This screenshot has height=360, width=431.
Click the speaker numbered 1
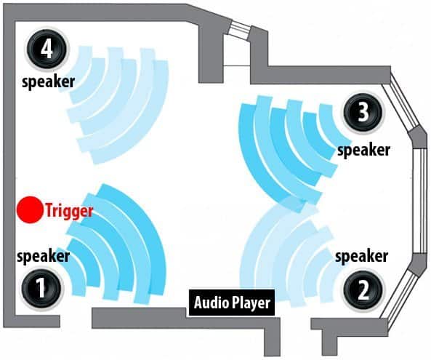coord(41,289)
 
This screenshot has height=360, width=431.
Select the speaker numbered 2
coord(363,290)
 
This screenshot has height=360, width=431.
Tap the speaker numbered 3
coord(363,113)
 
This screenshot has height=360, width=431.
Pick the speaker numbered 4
coord(47,49)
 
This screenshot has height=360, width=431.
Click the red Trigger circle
coord(30,210)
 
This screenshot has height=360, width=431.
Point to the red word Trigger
coord(69,211)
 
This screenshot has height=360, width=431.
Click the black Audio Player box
coord(232,303)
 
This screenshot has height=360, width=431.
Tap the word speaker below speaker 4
coord(49,82)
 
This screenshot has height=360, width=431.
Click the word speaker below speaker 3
coord(363,150)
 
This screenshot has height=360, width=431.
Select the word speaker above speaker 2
coord(361,257)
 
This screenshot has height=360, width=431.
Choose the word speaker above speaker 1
coord(43,256)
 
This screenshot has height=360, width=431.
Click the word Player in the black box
coord(251,303)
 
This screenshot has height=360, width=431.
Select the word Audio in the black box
coord(212,303)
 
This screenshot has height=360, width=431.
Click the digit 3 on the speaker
coord(363,113)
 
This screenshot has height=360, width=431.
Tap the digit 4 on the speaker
coord(47,49)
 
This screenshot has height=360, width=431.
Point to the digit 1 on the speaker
coord(41,289)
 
